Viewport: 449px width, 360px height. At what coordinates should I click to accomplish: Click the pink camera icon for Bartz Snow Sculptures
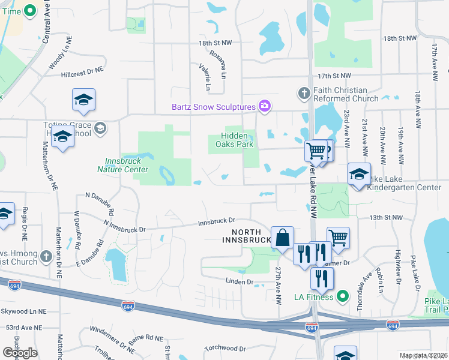pos(265,107)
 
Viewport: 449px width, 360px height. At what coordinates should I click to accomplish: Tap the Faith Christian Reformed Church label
pos(346,94)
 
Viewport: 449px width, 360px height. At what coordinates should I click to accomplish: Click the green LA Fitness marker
pos(343,296)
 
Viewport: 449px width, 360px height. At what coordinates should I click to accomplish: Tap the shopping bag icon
pos(282,238)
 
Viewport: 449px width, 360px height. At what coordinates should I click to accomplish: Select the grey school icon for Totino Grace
pos(100,127)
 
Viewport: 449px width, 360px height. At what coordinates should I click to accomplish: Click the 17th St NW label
pos(333,76)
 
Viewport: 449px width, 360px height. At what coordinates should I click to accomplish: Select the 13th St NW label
pos(384,217)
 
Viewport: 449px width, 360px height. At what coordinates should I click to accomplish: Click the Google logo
pos(20,353)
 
